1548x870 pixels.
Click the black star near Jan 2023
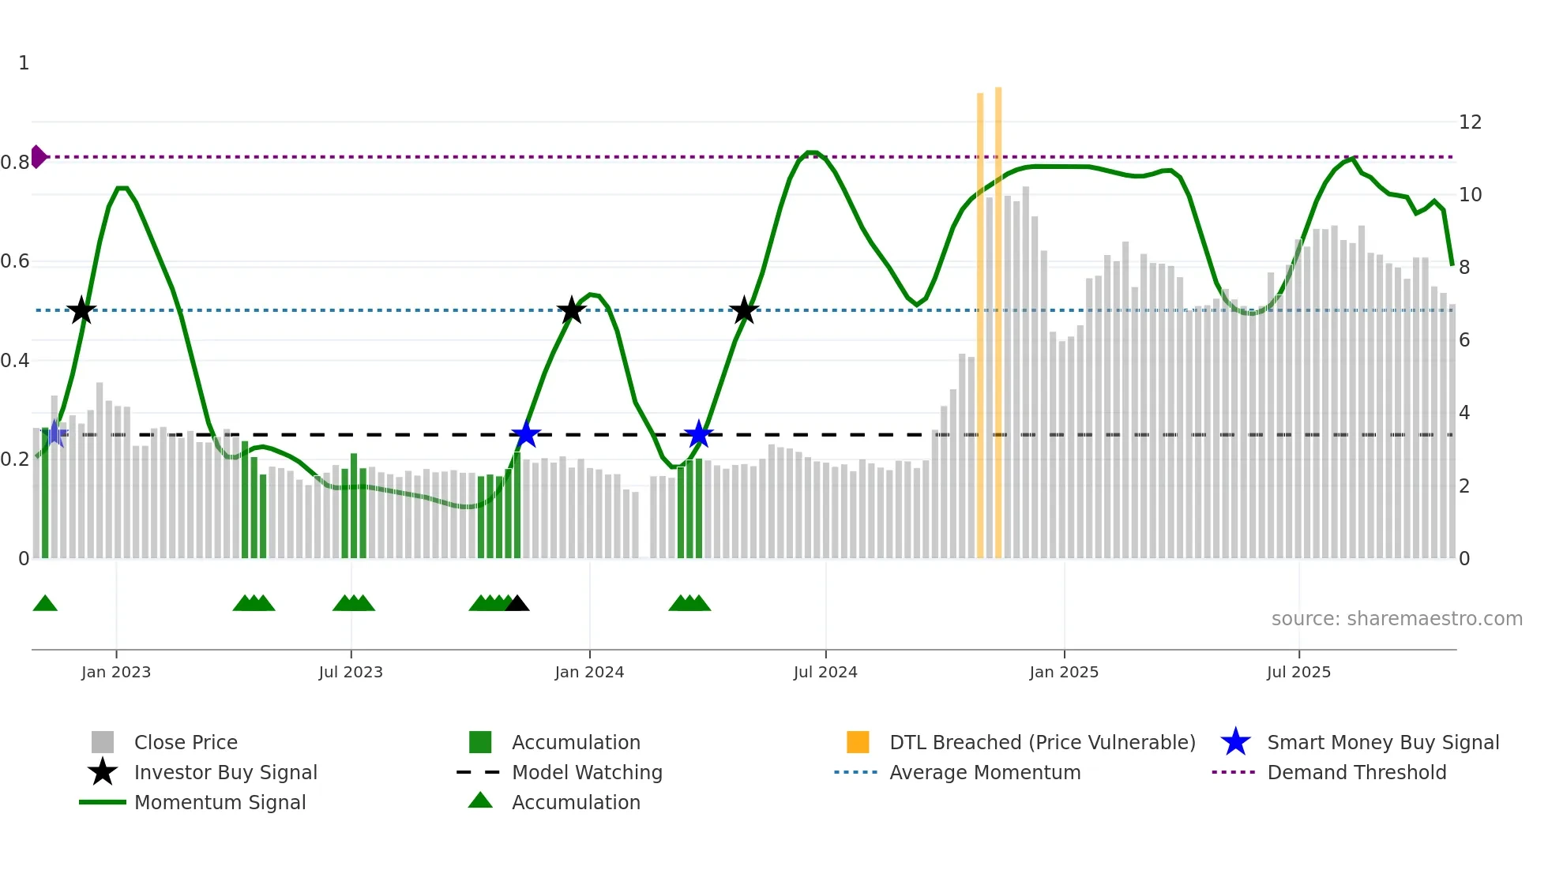click(x=81, y=311)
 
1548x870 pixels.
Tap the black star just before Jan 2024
click(x=571, y=311)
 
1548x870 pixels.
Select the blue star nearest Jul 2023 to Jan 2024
click(x=525, y=434)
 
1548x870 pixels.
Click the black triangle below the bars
click(x=517, y=604)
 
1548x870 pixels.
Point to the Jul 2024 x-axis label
click(x=825, y=673)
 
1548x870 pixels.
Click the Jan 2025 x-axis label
click(x=1064, y=673)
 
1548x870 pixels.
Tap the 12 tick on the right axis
click(x=1470, y=122)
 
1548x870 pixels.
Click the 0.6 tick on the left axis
click(x=15, y=261)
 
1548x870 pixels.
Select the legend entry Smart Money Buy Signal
click(x=1382, y=743)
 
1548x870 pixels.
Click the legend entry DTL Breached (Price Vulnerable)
click(x=1042, y=743)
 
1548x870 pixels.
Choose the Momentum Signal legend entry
click(x=220, y=803)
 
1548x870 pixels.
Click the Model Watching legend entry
click(x=586, y=773)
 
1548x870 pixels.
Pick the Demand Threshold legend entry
click(x=1356, y=773)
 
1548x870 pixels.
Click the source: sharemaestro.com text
click(x=1396, y=619)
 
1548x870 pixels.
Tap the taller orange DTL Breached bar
click(x=998, y=316)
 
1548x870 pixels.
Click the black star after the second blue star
click(x=743, y=311)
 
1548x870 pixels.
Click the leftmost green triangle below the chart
click(x=45, y=604)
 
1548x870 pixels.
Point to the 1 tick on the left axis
click(x=24, y=63)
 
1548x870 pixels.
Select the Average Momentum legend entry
click(x=984, y=773)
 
